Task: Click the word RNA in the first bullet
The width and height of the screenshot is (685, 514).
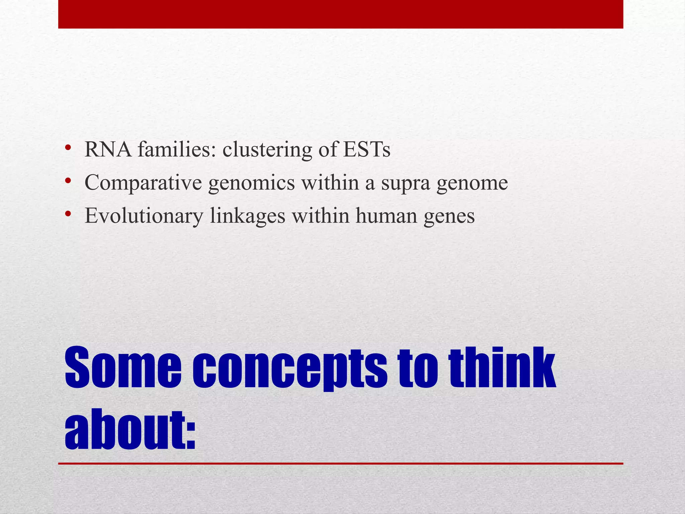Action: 108,149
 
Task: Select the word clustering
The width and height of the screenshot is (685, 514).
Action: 267,150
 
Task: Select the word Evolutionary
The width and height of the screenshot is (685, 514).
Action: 144,216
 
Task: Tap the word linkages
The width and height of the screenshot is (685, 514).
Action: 248,216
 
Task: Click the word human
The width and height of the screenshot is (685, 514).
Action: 386,216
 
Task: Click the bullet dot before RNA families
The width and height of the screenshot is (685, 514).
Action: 68,148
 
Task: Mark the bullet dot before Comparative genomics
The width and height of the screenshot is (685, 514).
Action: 68,181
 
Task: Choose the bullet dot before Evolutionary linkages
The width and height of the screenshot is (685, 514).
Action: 68,214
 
